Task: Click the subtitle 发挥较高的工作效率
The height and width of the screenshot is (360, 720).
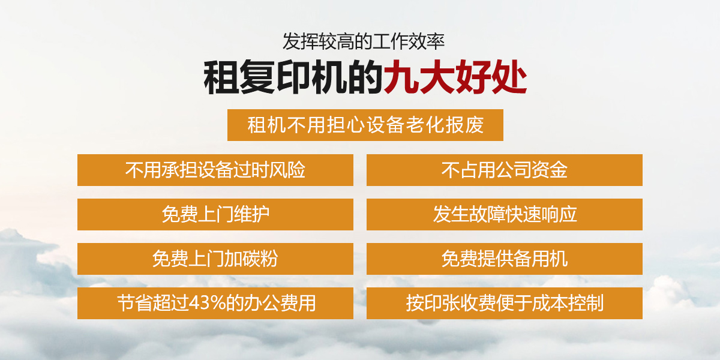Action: point(364,42)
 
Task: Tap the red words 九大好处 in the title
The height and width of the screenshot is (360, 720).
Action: point(455,77)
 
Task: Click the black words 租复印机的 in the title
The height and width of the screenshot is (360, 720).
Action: point(293,77)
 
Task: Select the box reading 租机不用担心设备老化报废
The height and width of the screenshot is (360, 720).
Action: point(365,125)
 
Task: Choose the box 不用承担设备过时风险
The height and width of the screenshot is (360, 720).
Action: point(215,170)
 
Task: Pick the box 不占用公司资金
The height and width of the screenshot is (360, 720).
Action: point(505,170)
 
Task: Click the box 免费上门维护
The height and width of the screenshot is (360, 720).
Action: point(215,214)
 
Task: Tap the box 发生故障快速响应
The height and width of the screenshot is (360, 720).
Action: point(505,214)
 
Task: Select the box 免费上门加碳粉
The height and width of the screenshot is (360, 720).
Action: point(215,259)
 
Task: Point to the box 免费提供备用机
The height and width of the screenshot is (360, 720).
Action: point(505,259)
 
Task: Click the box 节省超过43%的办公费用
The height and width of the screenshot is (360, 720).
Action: point(215,303)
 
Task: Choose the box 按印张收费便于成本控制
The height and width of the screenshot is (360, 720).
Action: point(505,303)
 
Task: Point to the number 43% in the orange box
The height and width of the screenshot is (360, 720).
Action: point(208,303)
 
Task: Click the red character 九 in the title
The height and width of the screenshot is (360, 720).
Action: point(401,77)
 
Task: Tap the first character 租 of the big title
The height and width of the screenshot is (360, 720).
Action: point(221,77)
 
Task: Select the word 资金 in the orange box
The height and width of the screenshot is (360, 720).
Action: point(550,170)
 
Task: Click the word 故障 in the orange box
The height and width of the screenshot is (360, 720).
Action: point(487,214)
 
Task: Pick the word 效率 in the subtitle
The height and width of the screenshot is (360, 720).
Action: point(427,42)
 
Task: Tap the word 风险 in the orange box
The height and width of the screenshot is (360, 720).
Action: point(287,170)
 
